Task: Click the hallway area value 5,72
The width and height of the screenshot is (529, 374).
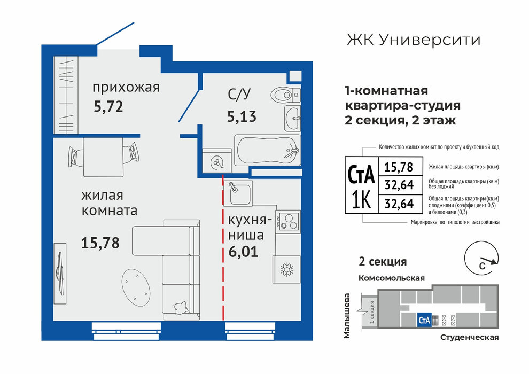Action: coord(108,106)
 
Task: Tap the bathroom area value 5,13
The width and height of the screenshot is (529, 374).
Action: coord(242,116)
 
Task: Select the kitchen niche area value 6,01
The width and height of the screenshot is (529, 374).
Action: coord(243,252)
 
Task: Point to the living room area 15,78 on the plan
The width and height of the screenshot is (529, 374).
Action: coord(100,243)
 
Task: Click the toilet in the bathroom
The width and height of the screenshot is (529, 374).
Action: coord(285,95)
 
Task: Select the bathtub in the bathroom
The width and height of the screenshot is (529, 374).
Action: coord(267,151)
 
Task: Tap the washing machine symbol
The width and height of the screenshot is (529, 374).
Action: coord(216,162)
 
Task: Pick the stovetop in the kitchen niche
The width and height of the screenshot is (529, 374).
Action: coord(288,222)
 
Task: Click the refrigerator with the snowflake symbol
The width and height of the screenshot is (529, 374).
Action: coord(287,269)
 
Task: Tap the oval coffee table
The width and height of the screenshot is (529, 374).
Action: coord(136,287)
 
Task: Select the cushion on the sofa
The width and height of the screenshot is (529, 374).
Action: coord(180,308)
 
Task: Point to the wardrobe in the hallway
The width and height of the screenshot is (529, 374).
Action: coord(66,95)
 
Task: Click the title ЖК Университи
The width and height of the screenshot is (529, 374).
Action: coord(413,40)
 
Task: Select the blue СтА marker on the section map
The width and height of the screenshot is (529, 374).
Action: coord(424,320)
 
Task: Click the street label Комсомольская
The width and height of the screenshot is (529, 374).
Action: coord(391,278)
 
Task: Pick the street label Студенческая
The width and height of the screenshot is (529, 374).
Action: coord(469,338)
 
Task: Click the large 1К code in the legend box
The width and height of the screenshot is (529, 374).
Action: coord(361,200)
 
